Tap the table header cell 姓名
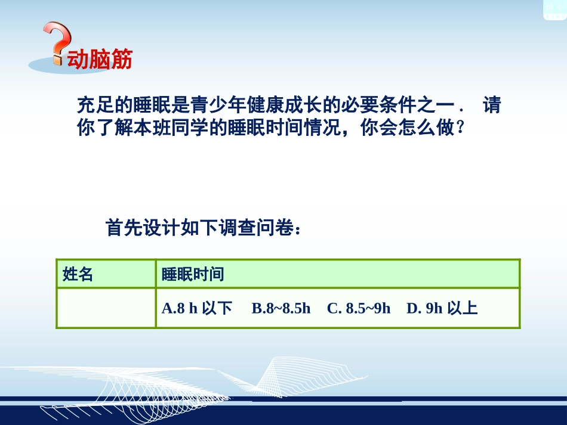pos(78,274)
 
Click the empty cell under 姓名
pos(106,308)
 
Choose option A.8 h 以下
pos(196,308)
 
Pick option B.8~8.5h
pos(281,308)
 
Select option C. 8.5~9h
pos(359,308)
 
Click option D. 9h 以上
pos(442,308)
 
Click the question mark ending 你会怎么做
pos(460,128)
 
